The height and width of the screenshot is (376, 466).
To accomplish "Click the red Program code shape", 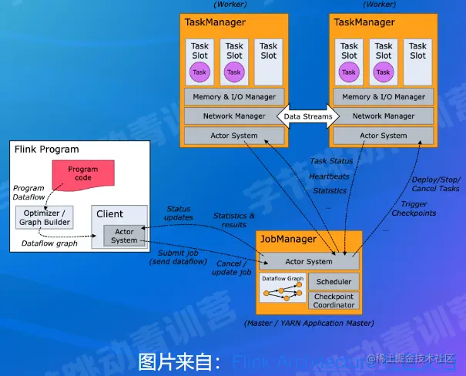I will (82, 173).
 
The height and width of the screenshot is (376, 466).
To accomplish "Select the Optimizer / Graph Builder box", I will (46, 217).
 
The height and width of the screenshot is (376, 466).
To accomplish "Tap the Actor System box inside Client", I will (123, 236).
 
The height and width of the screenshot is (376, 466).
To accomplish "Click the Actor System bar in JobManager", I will (309, 261).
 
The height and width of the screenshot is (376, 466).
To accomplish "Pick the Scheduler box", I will (333, 282).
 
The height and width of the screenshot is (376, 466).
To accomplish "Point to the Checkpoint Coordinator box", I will (333, 300).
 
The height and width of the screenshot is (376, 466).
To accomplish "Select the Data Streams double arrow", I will (308, 116).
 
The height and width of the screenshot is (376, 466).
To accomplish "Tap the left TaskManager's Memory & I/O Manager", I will (234, 97).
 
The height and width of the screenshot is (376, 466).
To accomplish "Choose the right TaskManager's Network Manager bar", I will (383, 116).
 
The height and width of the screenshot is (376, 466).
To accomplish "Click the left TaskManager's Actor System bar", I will (234, 136).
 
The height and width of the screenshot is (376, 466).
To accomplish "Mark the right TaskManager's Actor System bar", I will (383, 136).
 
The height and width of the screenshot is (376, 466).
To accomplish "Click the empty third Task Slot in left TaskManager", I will (268, 61).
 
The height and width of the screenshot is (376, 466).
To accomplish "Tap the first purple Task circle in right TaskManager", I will (349, 72).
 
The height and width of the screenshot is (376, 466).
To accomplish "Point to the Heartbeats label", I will (329, 176).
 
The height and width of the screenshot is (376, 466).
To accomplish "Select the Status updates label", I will (179, 213).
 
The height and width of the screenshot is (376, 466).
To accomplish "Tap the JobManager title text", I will (289, 240).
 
